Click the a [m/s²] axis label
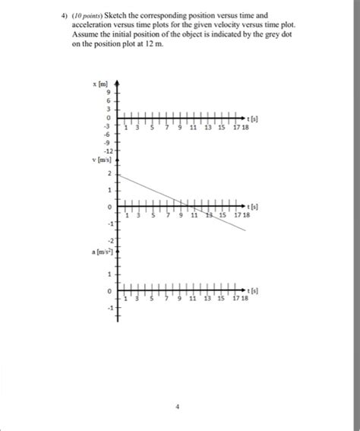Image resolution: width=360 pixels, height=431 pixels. click(x=103, y=250)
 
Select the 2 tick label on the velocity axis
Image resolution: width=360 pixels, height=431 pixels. click(x=109, y=174)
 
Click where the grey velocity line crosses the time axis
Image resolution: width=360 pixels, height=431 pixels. click(x=190, y=205)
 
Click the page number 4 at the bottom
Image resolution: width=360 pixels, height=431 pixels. click(x=177, y=407)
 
